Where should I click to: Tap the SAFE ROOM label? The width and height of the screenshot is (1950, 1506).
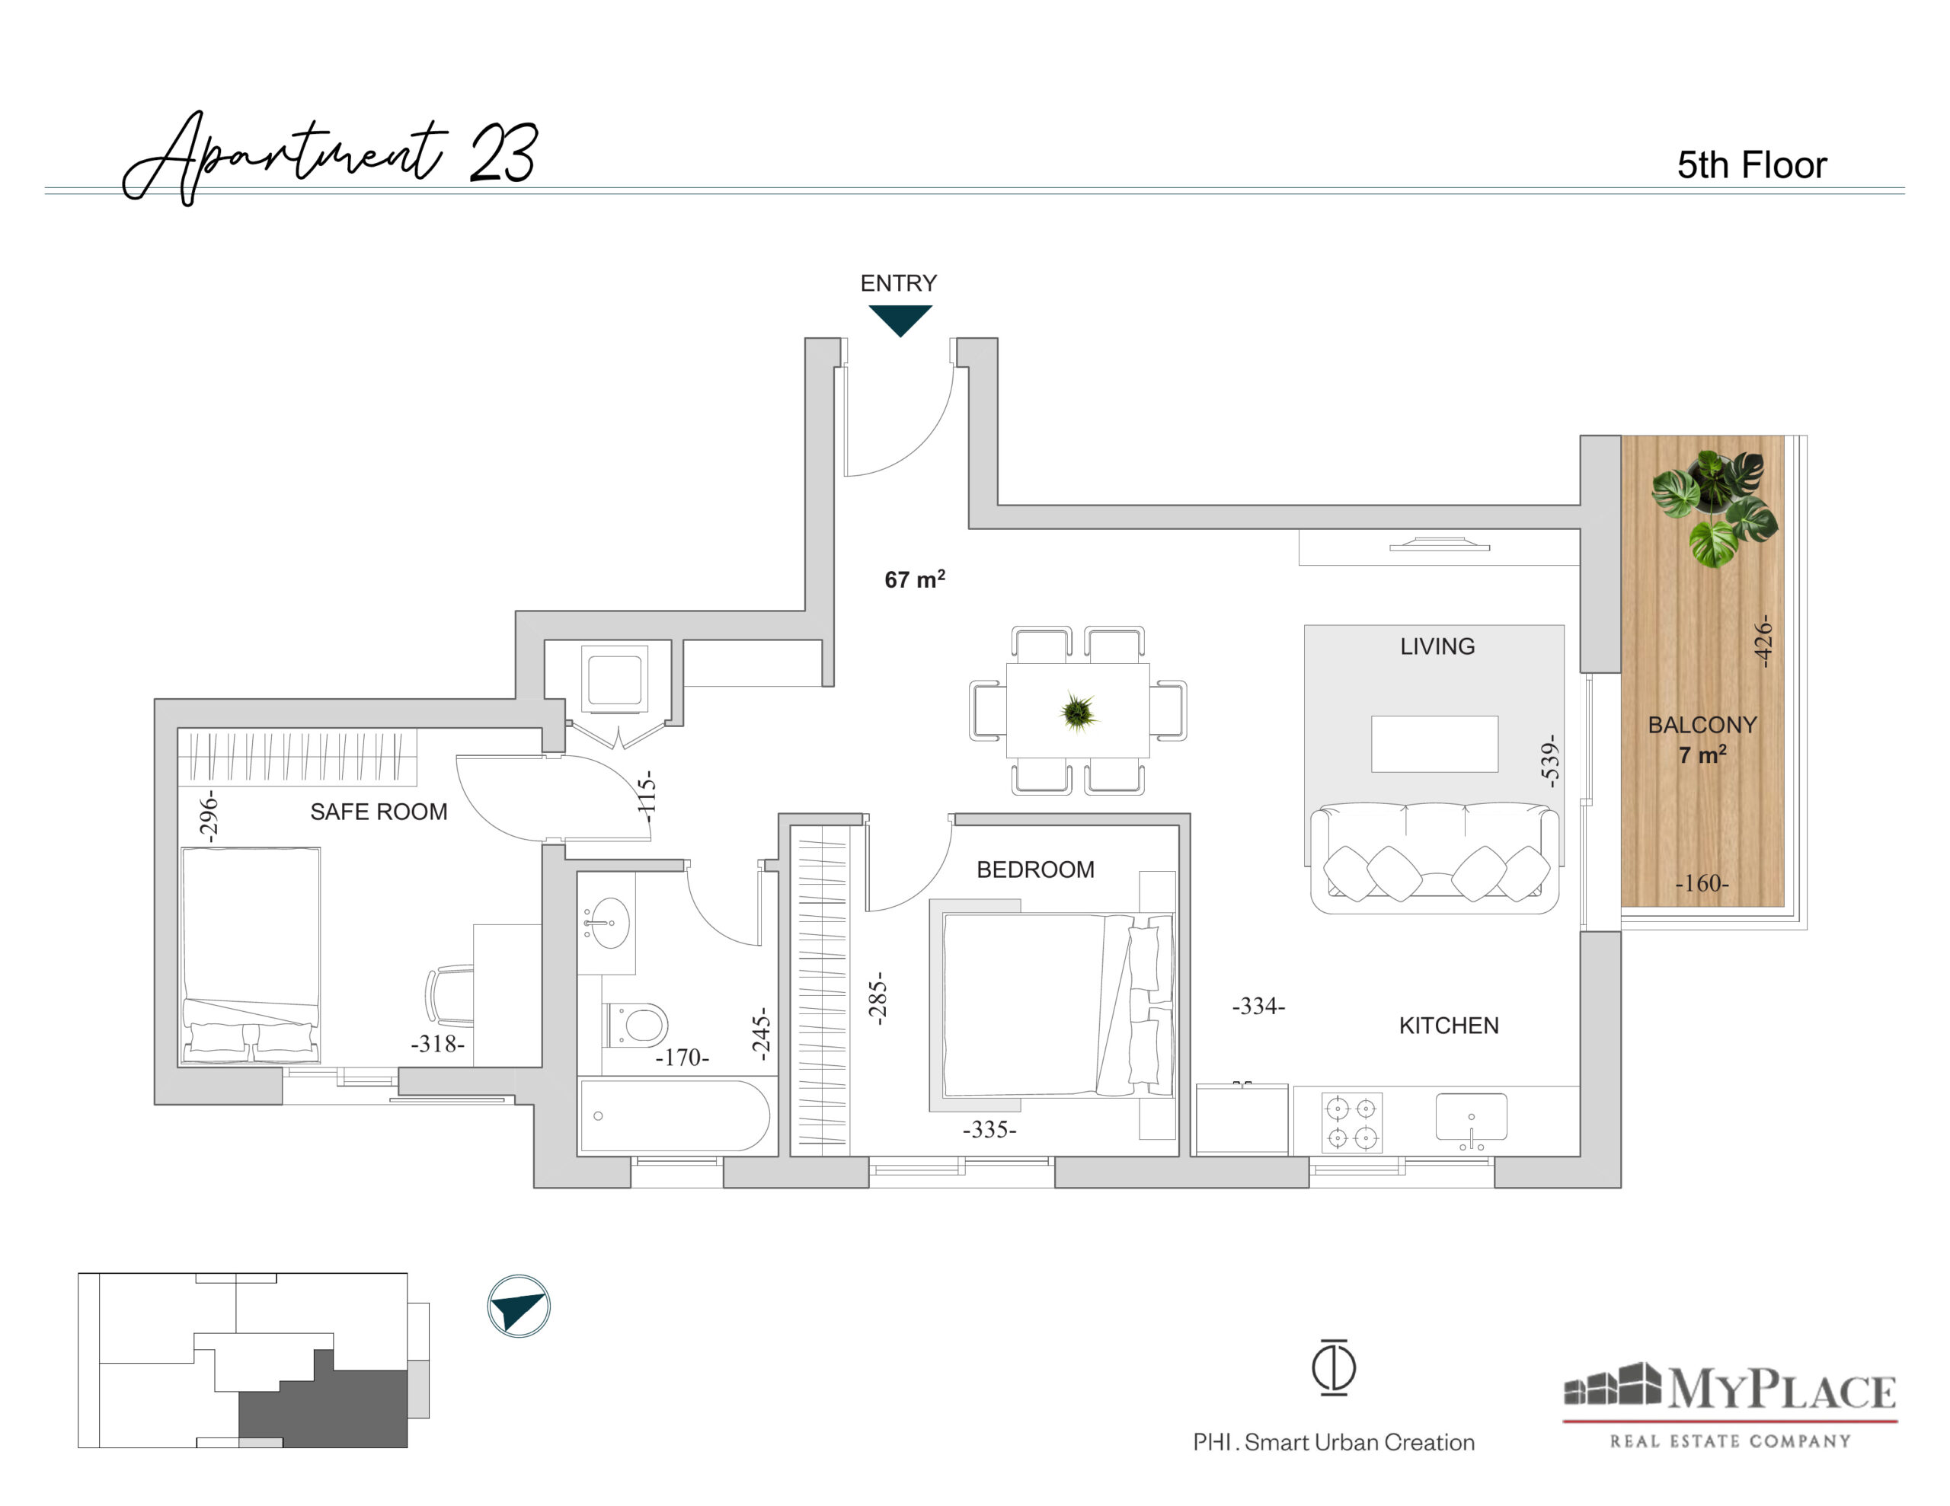pos(379,812)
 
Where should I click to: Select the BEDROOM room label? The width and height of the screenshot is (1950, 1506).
pos(1035,869)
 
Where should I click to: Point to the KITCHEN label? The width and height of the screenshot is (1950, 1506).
pos(1448,1026)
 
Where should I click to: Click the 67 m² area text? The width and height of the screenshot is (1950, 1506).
pos(914,579)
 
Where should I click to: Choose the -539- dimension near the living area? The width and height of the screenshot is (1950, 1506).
pos(1549,761)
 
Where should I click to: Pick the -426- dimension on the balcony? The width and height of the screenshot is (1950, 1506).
pos(1762,640)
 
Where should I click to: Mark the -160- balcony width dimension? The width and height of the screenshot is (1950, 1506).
pos(1702,883)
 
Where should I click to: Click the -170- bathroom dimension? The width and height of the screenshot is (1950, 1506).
pos(682,1057)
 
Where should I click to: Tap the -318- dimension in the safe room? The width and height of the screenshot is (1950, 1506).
pos(437,1044)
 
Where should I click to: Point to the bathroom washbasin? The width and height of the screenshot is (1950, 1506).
pos(607,922)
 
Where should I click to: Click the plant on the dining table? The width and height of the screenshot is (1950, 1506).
pos(1078,711)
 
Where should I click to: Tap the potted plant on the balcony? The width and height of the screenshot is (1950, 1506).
pos(1713,506)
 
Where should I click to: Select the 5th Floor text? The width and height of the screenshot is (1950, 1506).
pos(1752,165)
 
